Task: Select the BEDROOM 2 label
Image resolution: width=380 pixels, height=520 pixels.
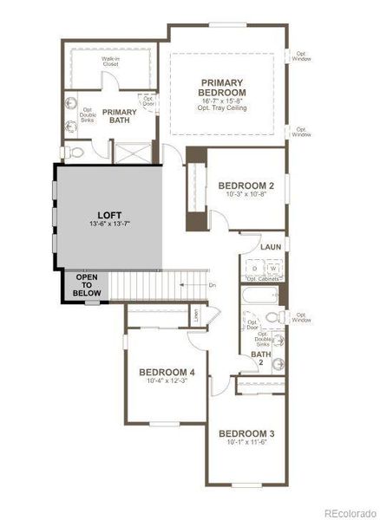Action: coord(246,185)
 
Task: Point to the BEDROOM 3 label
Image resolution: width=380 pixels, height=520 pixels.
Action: coord(246,433)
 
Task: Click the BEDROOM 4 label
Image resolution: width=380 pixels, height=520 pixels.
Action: coord(167,373)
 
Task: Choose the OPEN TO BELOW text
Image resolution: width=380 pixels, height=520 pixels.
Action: coord(88,285)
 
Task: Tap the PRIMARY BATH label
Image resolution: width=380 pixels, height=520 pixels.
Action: coord(120,117)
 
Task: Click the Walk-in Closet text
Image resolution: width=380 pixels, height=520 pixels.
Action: coord(110,61)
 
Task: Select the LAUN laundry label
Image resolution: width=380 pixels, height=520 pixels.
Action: coord(269,247)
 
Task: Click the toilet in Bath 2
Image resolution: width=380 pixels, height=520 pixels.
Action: coord(272,316)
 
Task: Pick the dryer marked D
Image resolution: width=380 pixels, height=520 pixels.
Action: coord(254,270)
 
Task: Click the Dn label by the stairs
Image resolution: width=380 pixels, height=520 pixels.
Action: coord(211,284)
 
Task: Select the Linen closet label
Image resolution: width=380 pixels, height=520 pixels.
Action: coord(197,316)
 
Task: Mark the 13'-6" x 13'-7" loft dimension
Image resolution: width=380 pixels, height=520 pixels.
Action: coord(109,224)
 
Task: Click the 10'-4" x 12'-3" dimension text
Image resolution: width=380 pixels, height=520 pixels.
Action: coord(167,383)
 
